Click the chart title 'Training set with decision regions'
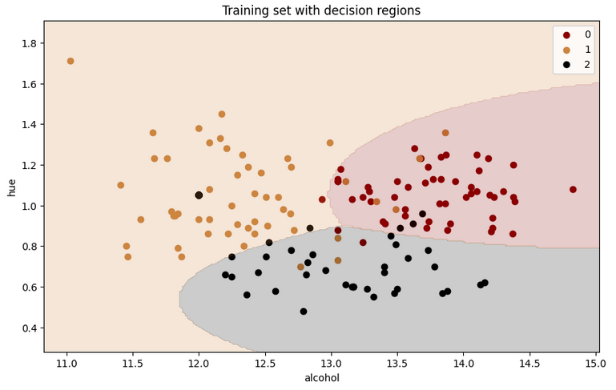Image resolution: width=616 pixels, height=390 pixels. coord(320,10)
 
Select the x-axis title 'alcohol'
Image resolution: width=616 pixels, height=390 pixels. coord(321,378)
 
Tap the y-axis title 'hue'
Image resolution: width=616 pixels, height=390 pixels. coord(11,187)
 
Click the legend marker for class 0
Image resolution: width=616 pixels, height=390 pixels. coord(566,34)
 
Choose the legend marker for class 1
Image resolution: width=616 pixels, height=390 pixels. coord(566,49)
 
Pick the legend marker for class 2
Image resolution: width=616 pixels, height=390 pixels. coord(566,64)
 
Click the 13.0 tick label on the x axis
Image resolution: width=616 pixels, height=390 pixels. coord(331,363)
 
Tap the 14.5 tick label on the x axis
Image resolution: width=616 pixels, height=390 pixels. coord(529,363)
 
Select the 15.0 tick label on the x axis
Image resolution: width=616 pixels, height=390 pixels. coord(594,363)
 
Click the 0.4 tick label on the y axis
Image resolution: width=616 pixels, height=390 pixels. coord(29,328)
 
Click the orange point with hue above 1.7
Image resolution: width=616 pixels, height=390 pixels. coord(70,61)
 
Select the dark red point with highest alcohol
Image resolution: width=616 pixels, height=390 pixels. coord(573,190)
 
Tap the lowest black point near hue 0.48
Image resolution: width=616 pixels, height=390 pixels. coord(304,312)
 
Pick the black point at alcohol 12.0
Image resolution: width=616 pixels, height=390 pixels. coord(199,195)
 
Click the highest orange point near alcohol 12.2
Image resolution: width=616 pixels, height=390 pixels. coord(222,115)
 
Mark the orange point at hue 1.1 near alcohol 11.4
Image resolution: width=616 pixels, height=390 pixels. coord(121,185)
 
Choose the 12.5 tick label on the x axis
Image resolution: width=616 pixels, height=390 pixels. coord(265,363)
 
